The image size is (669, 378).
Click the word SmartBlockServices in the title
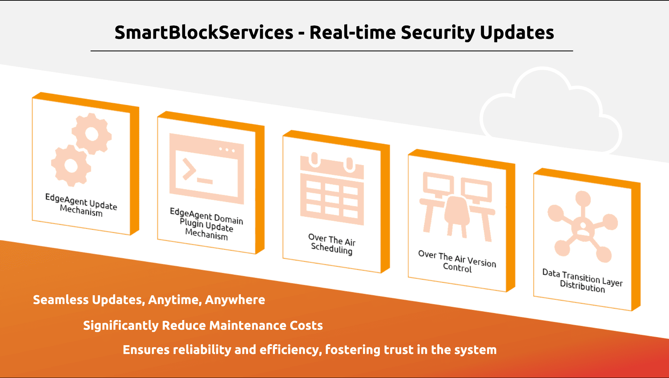(204, 32)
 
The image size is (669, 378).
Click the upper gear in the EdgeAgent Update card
(92, 134)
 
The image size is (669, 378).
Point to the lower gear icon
(71, 165)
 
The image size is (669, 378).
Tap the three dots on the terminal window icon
(227, 150)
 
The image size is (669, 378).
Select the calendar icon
(332, 189)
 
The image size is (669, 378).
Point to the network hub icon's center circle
(583, 227)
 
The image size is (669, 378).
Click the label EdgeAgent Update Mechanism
(81, 205)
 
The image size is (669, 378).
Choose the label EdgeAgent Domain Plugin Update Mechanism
(206, 224)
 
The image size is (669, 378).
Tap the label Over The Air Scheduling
(332, 244)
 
